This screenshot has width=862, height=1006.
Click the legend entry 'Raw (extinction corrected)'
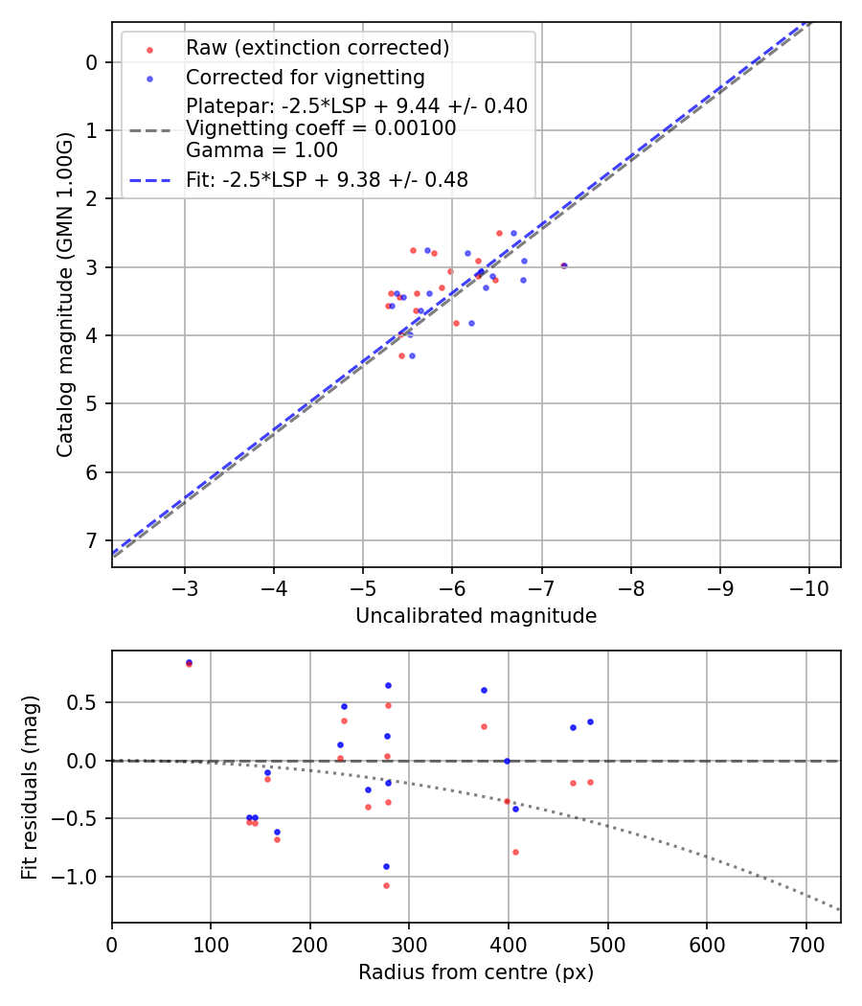tap(317, 48)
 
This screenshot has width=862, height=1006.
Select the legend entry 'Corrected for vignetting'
tap(305, 77)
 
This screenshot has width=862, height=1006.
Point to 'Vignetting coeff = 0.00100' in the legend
tap(321, 128)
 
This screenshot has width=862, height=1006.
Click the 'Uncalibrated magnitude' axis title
tap(476, 616)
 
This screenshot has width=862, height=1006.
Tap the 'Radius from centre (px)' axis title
tap(476, 972)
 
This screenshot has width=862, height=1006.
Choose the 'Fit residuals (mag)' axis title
tap(30, 787)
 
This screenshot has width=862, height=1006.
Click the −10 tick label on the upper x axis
tap(809, 586)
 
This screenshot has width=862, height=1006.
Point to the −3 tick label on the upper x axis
tap(185, 586)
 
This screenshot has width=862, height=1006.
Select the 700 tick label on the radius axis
tap(805, 942)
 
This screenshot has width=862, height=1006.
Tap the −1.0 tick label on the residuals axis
tap(79, 877)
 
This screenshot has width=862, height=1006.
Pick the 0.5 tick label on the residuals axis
tap(84, 702)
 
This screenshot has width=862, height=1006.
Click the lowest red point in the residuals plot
tap(387, 885)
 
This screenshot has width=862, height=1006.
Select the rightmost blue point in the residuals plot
tap(590, 721)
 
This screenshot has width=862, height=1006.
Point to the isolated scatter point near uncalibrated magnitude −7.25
tap(563, 265)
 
